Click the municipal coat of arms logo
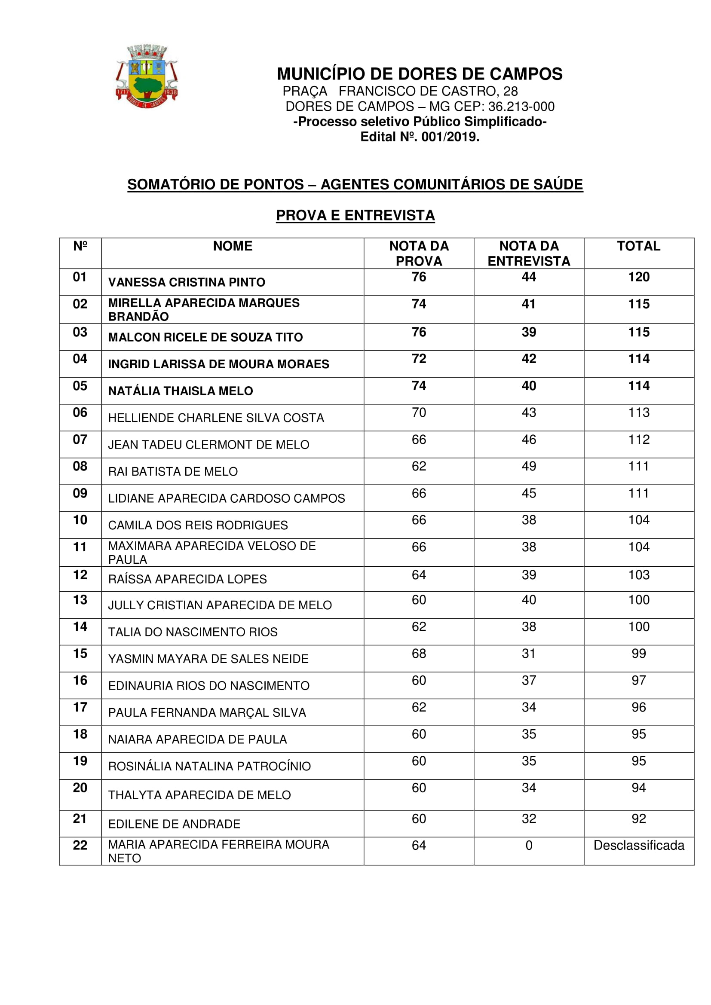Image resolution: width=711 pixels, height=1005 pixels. coord(147,76)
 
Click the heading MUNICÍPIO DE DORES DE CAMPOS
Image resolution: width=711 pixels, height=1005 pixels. coord(420,74)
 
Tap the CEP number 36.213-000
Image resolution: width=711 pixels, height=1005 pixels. coord(521,107)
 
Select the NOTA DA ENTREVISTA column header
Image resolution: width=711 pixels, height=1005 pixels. coord(528,254)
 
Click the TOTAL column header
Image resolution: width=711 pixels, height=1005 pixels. coord(638,246)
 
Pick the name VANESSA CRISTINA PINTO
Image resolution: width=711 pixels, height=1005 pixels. coord(187,282)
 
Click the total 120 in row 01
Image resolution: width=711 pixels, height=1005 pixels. coord(638,277)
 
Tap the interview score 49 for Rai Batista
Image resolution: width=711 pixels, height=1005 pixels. coord(528,466)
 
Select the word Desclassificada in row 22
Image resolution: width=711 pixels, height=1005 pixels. coord(638,845)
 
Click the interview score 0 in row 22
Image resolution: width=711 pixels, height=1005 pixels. coord(528,845)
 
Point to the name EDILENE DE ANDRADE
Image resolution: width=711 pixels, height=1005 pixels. coord(174,824)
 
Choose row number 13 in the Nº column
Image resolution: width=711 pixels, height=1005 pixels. coord(80,600)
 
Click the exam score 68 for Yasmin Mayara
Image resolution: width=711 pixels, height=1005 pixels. coord(419,654)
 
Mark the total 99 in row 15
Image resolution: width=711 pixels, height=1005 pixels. coord(638,654)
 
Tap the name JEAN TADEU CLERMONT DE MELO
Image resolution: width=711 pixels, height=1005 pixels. coord(208,445)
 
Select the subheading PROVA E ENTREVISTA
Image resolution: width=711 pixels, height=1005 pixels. coord(355,215)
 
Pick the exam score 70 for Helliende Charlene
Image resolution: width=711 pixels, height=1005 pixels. coord(419,412)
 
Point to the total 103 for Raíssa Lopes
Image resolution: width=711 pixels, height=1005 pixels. coord(638,575)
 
